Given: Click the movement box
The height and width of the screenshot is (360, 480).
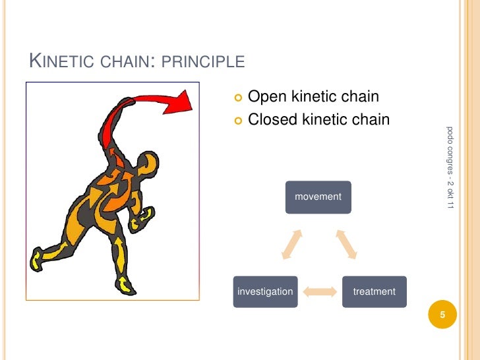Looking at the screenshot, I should click(318, 196).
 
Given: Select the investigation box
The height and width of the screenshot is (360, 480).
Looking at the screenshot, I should click(265, 291).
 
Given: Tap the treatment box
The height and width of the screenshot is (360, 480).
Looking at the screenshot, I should click(374, 291).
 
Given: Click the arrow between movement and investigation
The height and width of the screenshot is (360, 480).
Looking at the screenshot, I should click(290, 245).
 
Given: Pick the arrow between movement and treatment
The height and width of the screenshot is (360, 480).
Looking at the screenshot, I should click(347, 245).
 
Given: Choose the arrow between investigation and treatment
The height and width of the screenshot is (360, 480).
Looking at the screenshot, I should click(320, 291).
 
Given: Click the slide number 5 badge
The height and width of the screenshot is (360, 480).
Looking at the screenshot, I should click(443, 315).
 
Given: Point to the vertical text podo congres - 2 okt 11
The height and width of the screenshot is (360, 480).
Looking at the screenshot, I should click(450, 167).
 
